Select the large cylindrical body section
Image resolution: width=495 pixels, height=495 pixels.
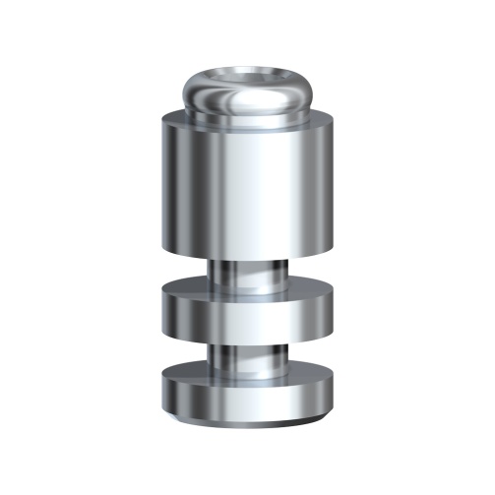click(248, 187)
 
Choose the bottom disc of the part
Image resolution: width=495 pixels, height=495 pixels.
click(248, 394)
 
